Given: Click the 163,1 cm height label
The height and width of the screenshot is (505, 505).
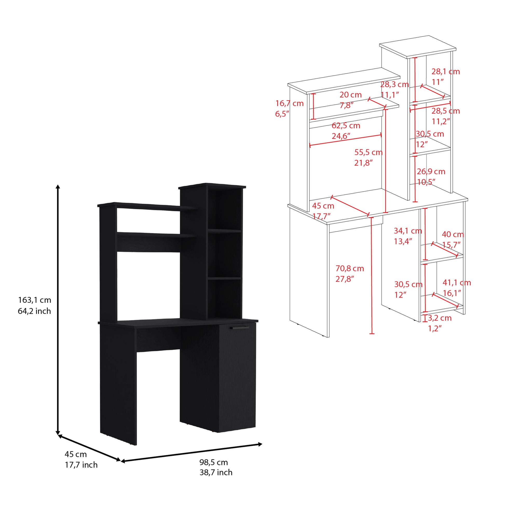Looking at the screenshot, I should (35, 300).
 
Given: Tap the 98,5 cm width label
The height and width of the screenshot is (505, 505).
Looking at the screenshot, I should (214, 462).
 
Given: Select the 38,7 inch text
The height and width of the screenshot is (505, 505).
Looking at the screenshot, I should (216, 472).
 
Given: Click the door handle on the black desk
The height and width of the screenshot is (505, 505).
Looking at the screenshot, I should (240, 328).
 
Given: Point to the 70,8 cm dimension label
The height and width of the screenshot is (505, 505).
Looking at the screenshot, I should (350, 268).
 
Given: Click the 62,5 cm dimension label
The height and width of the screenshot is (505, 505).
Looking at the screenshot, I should (346, 126).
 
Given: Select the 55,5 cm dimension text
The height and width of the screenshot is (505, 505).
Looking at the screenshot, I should (368, 152).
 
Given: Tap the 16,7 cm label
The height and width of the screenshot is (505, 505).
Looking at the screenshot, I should (289, 104).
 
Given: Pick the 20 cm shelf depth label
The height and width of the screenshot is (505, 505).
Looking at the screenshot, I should (351, 95).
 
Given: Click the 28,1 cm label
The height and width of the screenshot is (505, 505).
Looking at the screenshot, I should (445, 72).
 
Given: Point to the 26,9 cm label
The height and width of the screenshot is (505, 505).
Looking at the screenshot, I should (431, 172).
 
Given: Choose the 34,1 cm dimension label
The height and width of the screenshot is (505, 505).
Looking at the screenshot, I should (408, 231).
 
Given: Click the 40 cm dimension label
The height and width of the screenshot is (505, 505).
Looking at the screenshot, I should (453, 235).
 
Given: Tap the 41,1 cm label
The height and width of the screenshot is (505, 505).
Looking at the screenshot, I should (457, 283).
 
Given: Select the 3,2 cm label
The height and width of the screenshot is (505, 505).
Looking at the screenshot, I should (439, 318).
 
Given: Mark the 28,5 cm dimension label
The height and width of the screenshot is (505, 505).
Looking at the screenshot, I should (445, 111).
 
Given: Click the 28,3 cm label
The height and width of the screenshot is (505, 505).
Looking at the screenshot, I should (394, 85).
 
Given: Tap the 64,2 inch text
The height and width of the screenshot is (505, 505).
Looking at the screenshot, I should (34, 311).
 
